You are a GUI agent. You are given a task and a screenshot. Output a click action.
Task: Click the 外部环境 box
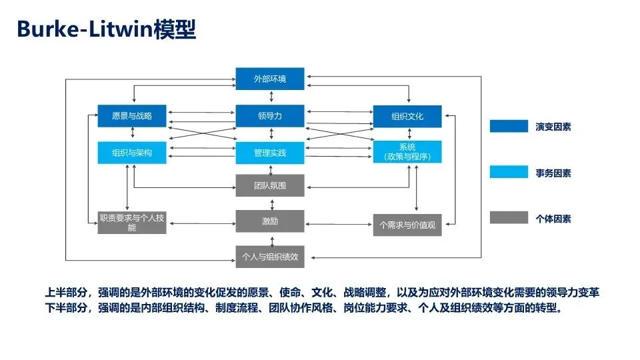[x=270, y=79]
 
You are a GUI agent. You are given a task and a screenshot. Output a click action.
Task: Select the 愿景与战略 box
[x=131, y=116]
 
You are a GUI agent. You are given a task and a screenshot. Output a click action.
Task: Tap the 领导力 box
[x=270, y=116]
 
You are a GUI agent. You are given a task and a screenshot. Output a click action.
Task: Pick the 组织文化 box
[x=407, y=117]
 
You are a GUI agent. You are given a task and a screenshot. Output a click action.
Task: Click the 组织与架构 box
[x=131, y=153]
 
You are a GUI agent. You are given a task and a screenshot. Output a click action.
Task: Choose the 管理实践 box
[x=270, y=153]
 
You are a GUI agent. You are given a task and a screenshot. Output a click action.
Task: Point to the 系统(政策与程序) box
[x=407, y=152]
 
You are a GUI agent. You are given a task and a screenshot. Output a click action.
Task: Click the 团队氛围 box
[x=270, y=185]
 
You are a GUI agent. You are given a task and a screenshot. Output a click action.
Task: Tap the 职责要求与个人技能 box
[x=131, y=223]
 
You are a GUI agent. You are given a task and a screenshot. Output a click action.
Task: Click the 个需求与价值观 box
[x=407, y=225]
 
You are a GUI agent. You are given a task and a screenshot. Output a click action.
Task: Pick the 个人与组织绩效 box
[x=270, y=257]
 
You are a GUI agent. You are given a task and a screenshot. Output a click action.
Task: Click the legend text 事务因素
[x=553, y=173]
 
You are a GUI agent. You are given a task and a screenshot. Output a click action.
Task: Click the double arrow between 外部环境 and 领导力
[x=270, y=98]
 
